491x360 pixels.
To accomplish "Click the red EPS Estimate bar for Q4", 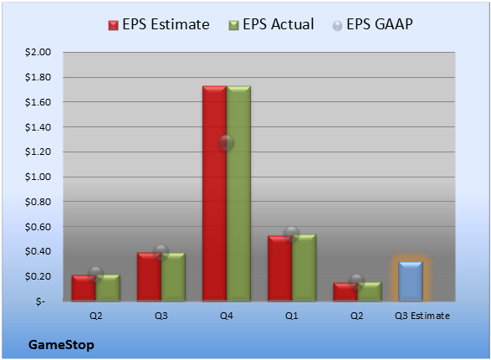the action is tap(214, 193).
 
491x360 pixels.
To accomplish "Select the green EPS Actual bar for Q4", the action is tap(238, 193).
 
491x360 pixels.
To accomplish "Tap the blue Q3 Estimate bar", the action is tap(411, 281).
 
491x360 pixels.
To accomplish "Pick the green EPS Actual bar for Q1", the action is tap(304, 268).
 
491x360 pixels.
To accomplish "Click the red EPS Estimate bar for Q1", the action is tap(279, 269).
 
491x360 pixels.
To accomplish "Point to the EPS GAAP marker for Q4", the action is tap(227, 143).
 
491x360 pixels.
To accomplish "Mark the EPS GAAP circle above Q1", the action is tap(292, 234).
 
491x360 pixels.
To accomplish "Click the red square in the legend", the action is tap(114, 25).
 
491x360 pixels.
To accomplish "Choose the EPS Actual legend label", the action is tap(278, 24).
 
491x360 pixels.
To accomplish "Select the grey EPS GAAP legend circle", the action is tap(337, 26).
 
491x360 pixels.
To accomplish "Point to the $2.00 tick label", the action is tap(38, 52).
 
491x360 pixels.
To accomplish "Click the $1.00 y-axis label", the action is tap(38, 177).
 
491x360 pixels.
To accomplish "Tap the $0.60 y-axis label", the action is tap(38, 227).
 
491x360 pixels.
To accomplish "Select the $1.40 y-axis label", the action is tap(38, 127).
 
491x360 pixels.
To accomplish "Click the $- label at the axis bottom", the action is tap(40, 301).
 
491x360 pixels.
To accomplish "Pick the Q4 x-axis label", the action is tap(227, 316).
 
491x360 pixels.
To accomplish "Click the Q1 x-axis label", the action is tap(292, 316).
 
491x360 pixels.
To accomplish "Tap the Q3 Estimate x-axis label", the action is tap(422, 316).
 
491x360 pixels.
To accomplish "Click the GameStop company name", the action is tap(61, 345).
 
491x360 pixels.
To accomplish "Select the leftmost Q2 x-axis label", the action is tap(96, 316).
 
